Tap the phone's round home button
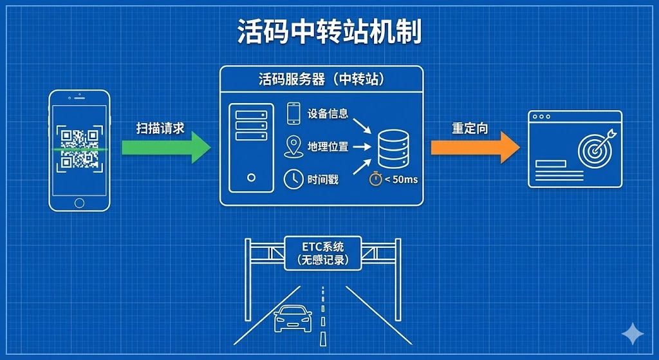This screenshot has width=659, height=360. click(79, 203)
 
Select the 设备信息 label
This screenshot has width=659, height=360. click(328, 113)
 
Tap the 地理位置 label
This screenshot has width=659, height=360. click(328, 147)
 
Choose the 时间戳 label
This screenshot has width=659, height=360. click(322, 179)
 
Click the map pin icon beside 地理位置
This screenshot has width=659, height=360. click(293, 146)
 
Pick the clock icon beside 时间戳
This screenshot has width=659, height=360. click(293, 179)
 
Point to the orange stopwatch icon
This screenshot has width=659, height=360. click(375, 179)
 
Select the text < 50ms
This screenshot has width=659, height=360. click(401, 180)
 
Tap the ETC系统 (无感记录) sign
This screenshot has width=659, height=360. click(322, 252)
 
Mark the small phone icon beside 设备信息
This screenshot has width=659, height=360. click(293, 113)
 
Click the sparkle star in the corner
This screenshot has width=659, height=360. click(633, 334)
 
